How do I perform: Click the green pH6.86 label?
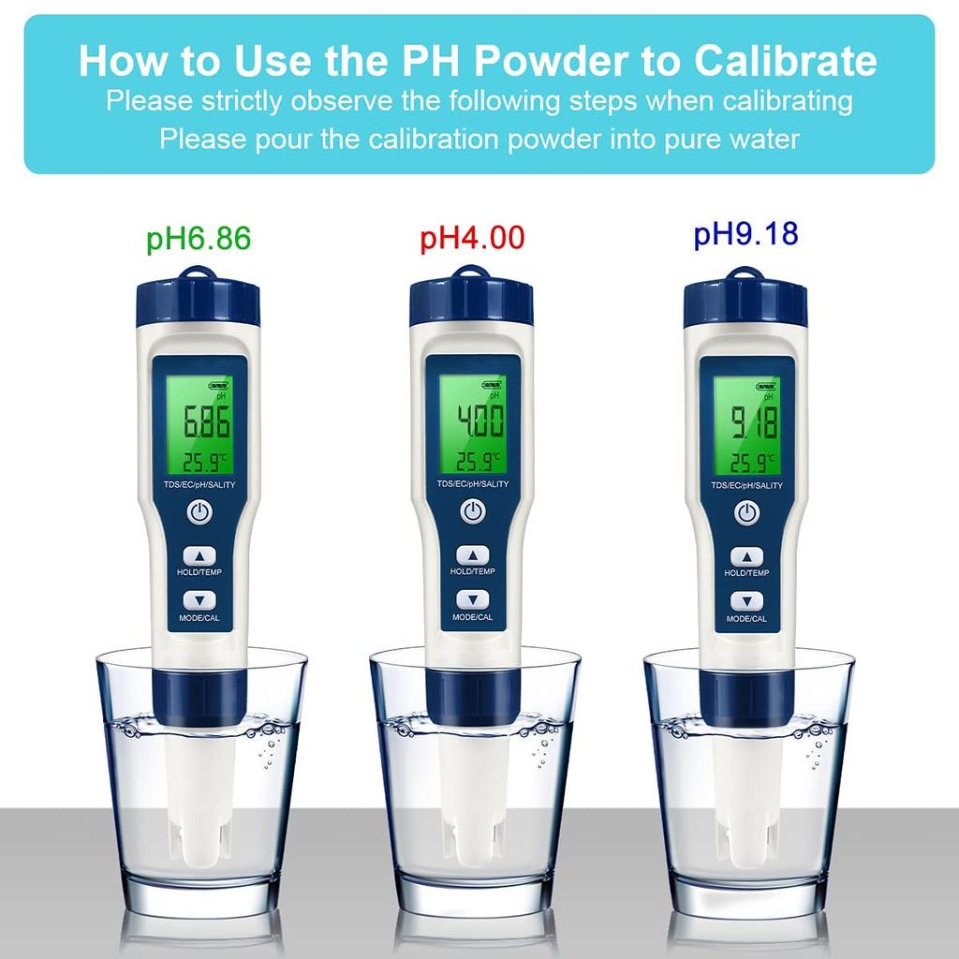[199, 238]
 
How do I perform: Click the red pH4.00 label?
[472, 238]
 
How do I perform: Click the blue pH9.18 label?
[745, 233]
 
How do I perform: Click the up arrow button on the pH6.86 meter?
[199, 555]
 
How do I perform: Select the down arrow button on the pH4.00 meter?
[472, 600]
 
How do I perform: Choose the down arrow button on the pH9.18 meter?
[746, 601]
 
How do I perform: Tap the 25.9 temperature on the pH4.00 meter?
[473, 462]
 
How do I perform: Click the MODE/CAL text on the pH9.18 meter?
[746, 619]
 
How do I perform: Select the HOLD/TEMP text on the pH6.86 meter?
[199, 573]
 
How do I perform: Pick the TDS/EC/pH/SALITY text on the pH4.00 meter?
[473, 484]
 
